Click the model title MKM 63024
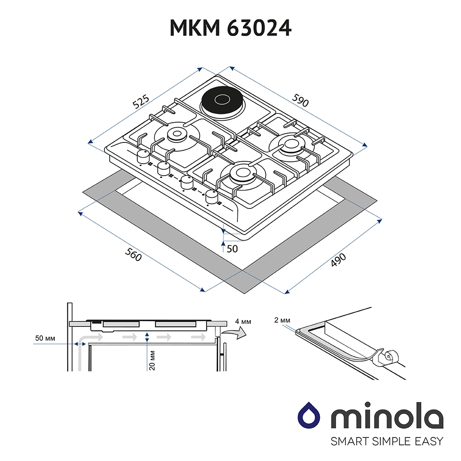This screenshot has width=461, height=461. pyautogui.click(x=230, y=28)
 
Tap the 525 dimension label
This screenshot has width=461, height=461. pyautogui.click(x=141, y=102)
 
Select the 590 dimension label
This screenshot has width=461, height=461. pyautogui.click(x=300, y=100)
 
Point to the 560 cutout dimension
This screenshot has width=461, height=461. pyautogui.click(x=134, y=254)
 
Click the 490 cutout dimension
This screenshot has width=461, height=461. pyautogui.click(x=338, y=260)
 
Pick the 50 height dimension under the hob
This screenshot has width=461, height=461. pyautogui.click(x=232, y=249)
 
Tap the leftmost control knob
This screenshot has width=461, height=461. pyautogui.click(x=143, y=156)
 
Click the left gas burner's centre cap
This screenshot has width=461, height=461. pyautogui.click(x=177, y=134)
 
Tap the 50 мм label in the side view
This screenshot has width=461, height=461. pyautogui.click(x=45, y=338)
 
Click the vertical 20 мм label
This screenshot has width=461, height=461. pyautogui.click(x=152, y=361)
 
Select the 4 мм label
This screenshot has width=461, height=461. pyautogui.click(x=243, y=322)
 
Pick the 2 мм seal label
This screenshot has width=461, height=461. pyautogui.click(x=282, y=320)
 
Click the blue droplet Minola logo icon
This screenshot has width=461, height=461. pyautogui.click(x=309, y=415)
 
